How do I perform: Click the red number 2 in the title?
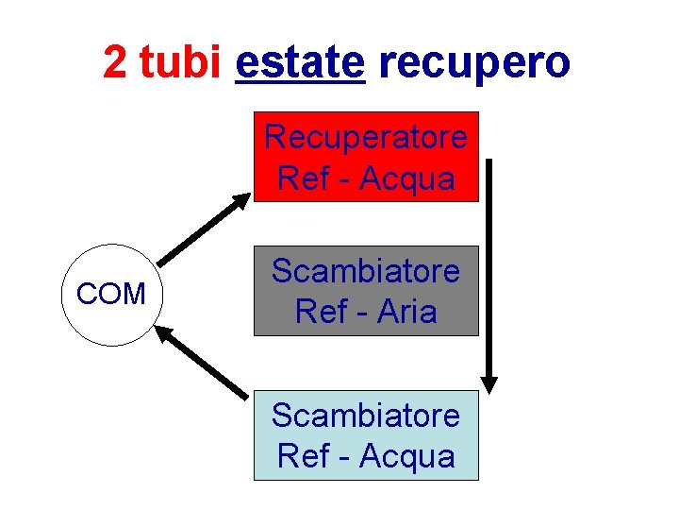click(115, 62)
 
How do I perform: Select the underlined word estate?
click(300, 62)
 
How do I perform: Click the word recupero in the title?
click(473, 62)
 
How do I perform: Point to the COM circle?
click(110, 295)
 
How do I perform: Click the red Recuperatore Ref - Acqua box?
click(366, 157)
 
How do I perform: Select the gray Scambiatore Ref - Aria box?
click(366, 291)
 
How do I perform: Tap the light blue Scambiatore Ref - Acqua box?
click(366, 434)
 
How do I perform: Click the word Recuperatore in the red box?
click(366, 137)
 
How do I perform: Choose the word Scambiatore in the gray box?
click(366, 271)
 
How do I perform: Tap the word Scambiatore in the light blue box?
click(366, 415)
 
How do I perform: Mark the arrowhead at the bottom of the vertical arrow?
click(489, 382)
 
